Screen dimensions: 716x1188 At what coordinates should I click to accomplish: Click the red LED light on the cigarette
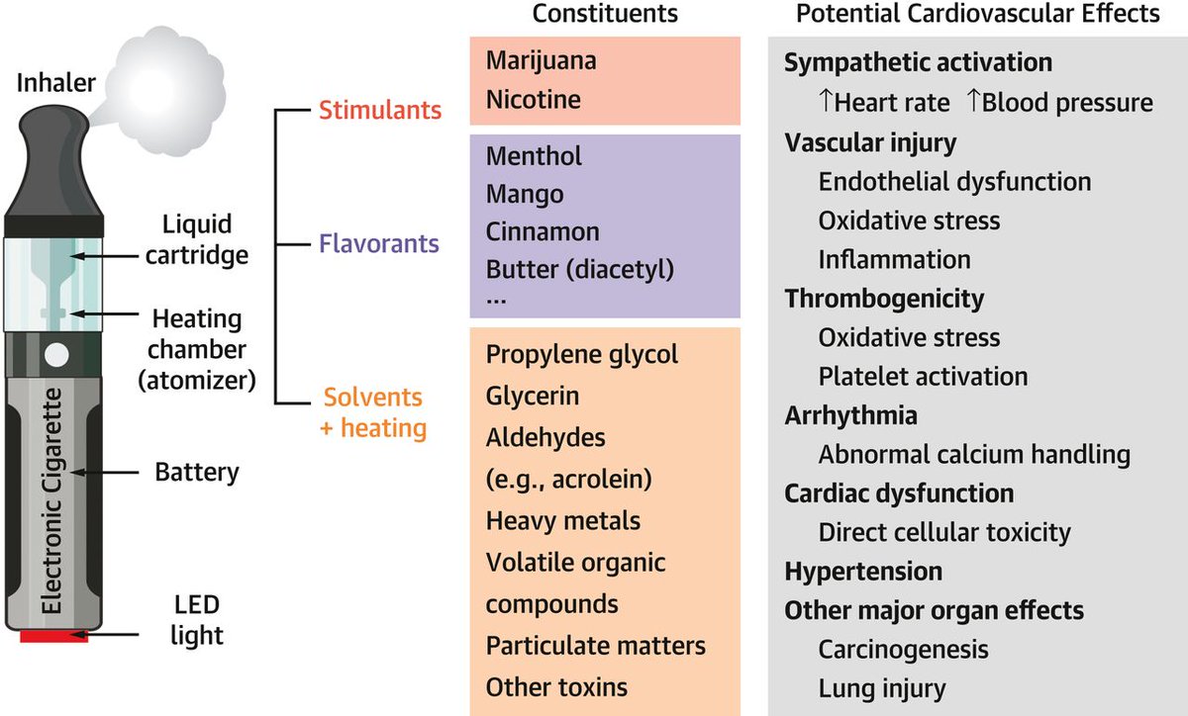54,636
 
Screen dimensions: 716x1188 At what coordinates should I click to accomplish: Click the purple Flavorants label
380,243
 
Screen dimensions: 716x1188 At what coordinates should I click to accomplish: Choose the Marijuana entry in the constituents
541,61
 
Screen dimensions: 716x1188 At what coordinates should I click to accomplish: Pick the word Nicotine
534,100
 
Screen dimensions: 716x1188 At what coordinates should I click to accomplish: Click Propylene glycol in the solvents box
582,355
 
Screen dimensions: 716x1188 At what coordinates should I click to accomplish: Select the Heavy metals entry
563,520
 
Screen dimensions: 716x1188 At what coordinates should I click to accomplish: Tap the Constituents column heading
605,14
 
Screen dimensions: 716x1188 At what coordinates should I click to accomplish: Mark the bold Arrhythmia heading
850,414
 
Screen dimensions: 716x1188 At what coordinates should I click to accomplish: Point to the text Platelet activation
923,377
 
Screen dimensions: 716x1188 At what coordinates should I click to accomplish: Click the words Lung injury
882,688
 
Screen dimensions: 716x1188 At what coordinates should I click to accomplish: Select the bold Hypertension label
863,572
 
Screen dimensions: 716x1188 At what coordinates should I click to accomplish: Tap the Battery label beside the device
197,472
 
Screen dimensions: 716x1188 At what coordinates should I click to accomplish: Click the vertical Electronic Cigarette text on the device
55,504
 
